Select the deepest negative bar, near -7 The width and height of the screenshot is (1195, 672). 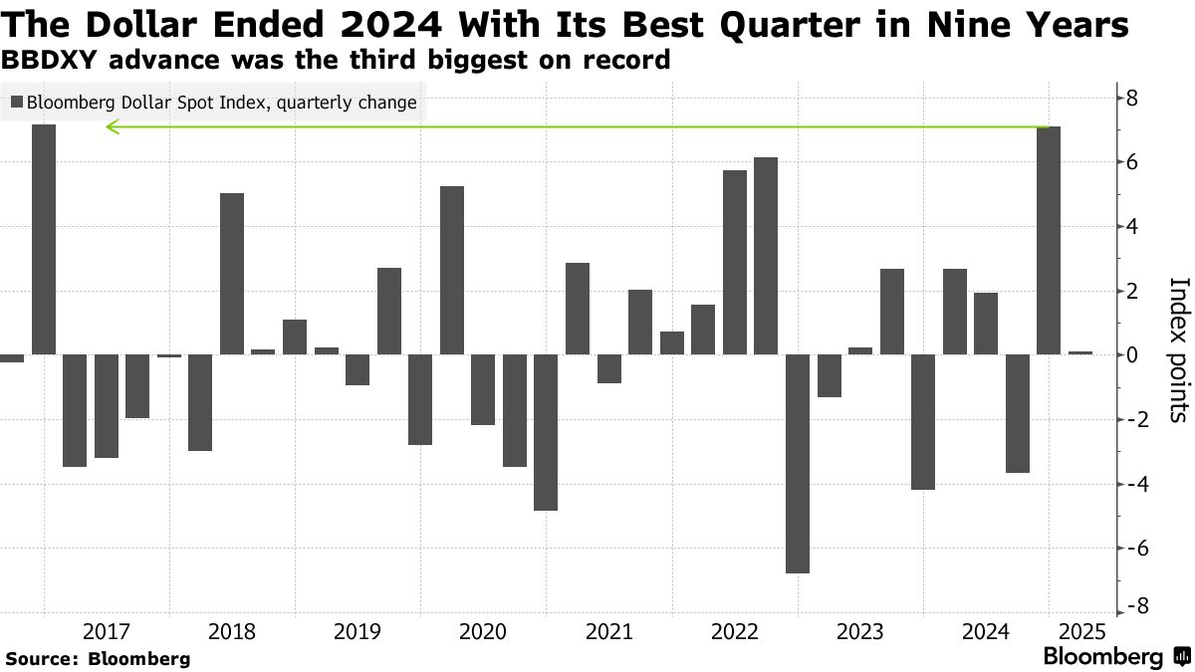[797, 463]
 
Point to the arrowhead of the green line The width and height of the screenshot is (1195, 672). [112, 126]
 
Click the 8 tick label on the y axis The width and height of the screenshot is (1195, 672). [1132, 98]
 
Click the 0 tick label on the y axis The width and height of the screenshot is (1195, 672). [1132, 355]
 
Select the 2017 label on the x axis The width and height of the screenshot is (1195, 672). [107, 631]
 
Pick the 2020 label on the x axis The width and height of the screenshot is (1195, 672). [483, 631]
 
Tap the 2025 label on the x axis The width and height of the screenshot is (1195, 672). [1080, 631]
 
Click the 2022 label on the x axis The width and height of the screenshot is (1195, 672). [734, 631]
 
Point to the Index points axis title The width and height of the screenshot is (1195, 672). [1177, 348]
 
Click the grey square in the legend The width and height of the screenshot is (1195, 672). [16, 102]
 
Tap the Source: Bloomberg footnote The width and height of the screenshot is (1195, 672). [98, 658]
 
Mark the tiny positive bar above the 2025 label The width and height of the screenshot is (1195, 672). [1080, 352]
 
